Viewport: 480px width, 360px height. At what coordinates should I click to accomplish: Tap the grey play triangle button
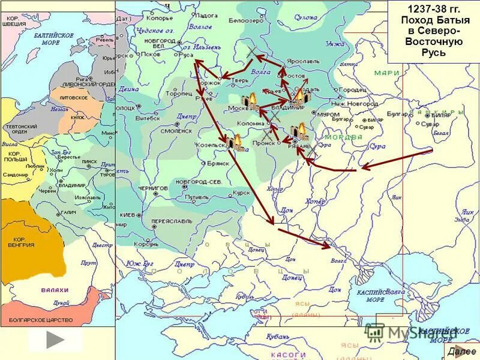(x=55, y=340)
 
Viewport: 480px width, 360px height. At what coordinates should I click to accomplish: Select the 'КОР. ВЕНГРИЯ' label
(x=21, y=242)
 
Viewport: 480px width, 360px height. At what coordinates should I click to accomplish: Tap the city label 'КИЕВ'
(x=127, y=214)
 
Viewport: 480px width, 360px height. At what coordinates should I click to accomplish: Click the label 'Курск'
(x=241, y=193)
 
